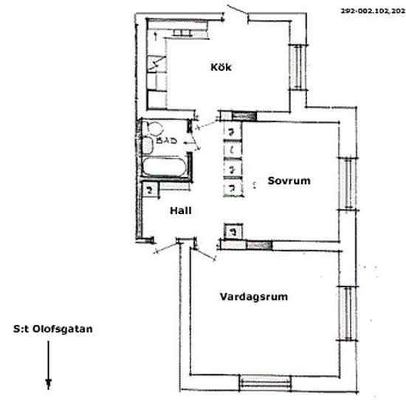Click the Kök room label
coord(221,67)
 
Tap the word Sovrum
coord(287,180)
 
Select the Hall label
coord(181,210)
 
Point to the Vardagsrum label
coord(253,297)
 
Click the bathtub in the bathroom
coord(164,168)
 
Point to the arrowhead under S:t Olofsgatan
coord(49,383)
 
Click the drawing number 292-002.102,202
coord(372,13)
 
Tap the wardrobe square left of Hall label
coord(149,190)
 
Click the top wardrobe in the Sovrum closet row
coord(233,131)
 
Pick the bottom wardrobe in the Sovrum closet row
coord(233,188)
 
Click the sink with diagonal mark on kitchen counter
coord(156,66)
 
